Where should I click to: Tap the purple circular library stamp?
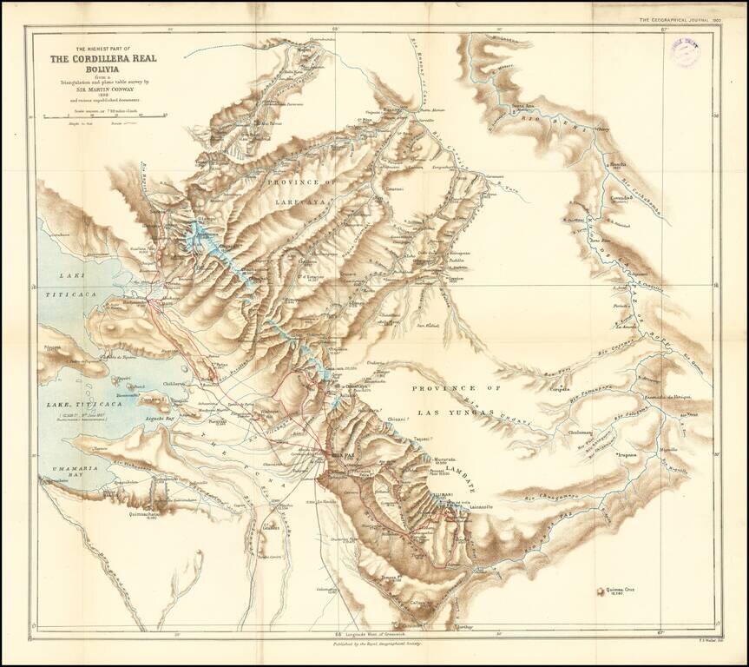(683, 53)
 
